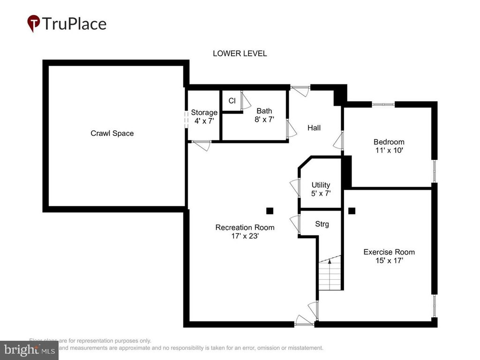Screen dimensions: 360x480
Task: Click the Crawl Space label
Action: click(x=112, y=134)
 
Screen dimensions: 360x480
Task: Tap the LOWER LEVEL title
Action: click(x=240, y=53)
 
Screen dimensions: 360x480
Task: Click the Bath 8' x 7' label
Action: click(x=264, y=115)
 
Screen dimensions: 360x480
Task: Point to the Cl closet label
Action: click(x=232, y=101)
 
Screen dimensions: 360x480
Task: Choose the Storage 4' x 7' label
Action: click(x=204, y=117)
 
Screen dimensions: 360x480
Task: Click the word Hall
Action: click(x=314, y=127)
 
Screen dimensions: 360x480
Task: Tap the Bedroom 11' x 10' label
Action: click(x=389, y=146)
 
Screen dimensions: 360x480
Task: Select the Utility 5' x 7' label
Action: click(x=321, y=189)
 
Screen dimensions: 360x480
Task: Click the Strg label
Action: click(x=322, y=224)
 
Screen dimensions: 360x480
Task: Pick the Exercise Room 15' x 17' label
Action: click(x=389, y=256)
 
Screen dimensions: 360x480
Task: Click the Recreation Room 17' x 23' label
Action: click(x=245, y=232)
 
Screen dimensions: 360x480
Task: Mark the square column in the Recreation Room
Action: click(x=270, y=210)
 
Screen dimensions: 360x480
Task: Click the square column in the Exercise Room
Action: click(x=352, y=210)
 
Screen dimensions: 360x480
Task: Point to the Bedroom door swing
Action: click(x=338, y=141)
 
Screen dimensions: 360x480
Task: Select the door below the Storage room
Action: click(x=201, y=145)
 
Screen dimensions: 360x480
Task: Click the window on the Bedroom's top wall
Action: click(x=383, y=104)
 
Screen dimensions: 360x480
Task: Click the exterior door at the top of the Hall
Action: click(x=300, y=89)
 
